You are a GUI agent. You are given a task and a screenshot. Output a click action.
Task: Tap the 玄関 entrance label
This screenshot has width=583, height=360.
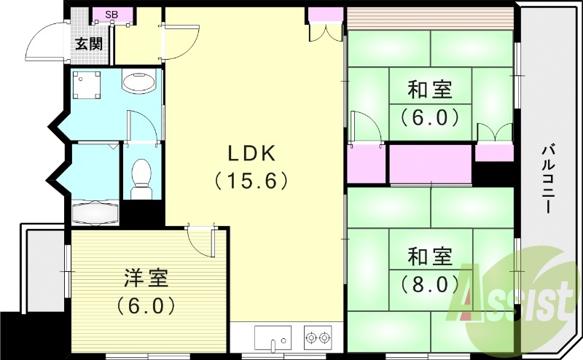[x=88, y=43]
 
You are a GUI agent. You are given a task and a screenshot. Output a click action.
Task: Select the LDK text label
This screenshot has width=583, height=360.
[x=251, y=154]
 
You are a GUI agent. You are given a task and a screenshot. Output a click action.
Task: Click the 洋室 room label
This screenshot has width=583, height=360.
[x=146, y=278]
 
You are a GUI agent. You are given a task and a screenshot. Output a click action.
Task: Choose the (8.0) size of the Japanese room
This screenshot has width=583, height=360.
[x=429, y=283]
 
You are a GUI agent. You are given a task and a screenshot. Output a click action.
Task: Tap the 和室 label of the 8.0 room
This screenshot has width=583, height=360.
[x=429, y=257]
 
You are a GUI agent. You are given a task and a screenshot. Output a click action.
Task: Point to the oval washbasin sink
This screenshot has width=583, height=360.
[x=138, y=83]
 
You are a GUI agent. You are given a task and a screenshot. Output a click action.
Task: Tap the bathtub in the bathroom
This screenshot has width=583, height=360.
[x=95, y=212]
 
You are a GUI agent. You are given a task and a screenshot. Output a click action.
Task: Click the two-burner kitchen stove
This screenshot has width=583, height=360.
[x=318, y=337]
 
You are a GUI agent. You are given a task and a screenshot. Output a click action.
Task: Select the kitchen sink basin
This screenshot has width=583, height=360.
[x=273, y=337]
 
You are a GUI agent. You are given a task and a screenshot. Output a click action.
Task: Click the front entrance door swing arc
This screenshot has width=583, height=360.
[x=44, y=42]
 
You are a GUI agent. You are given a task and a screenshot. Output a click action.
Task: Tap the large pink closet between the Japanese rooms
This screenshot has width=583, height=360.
[x=430, y=165]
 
